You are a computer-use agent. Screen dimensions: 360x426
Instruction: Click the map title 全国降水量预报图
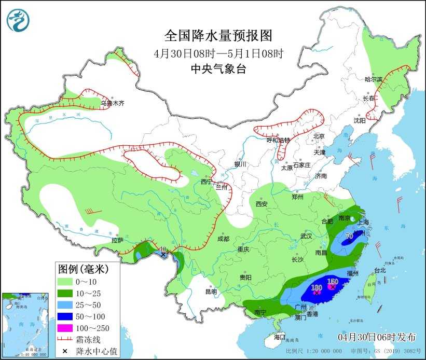click(x=218, y=36)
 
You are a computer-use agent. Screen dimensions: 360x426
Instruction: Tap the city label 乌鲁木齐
click(x=113, y=103)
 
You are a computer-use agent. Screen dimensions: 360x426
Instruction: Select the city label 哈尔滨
click(x=373, y=79)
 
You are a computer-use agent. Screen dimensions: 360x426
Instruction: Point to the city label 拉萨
click(x=117, y=240)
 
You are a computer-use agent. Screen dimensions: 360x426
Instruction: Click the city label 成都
click(x=223, y=239)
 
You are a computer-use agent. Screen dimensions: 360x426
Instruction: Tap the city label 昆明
click(x=211, y=292)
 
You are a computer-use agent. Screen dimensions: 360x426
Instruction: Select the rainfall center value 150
click(x=333, y=282)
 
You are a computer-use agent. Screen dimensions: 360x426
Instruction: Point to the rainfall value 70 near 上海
click(x=349, y=236)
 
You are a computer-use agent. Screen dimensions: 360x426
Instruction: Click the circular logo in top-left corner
click(x=18, y=20)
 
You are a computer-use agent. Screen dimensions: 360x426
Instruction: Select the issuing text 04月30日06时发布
click(x=376, y=337)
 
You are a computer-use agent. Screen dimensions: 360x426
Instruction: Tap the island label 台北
click(x=380, y=270)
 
